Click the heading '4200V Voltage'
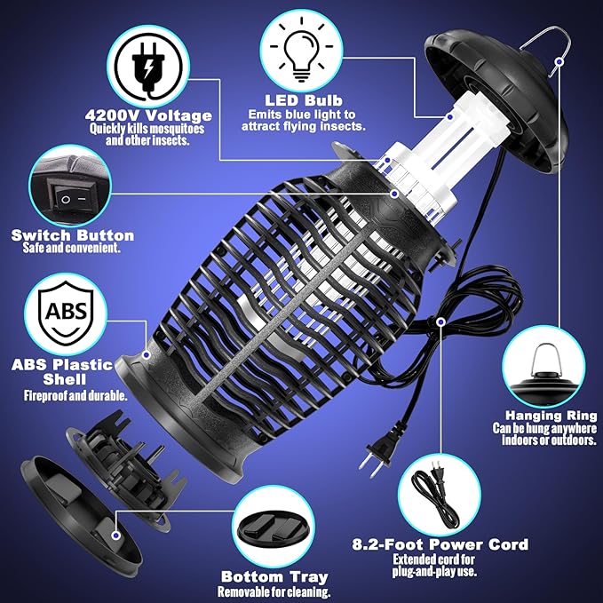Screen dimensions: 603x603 (x=149, y=115)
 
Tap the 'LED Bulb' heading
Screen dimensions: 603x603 (x=303, y=101)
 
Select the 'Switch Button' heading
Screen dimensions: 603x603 (x=73, y=235)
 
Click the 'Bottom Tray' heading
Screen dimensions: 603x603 (x=274, y=577)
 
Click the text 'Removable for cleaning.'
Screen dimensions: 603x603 (x=274, y=592)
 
